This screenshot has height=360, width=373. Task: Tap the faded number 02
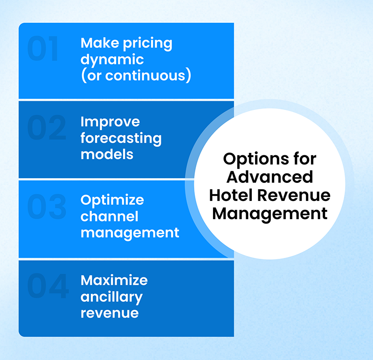47,128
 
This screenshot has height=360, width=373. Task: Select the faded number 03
47,207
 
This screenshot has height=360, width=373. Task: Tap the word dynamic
112,60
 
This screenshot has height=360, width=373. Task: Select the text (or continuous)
136,76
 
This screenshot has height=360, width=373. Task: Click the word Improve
110,122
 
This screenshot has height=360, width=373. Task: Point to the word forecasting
121,138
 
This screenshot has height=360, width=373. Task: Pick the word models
107,154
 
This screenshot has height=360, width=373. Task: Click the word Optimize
112,201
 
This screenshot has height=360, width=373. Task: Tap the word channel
109,216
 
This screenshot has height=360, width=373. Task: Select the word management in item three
130,232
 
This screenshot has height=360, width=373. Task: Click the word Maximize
114,280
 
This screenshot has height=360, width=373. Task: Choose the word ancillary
111,297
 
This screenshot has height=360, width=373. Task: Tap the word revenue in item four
109,312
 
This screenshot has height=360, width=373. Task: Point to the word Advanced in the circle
269,177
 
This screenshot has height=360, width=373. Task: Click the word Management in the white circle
269,214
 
